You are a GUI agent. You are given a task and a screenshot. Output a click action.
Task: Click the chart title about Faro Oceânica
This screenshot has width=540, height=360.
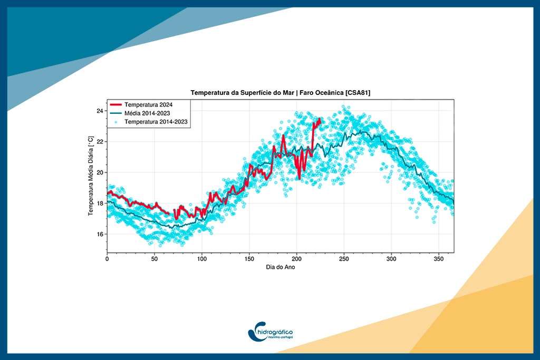coord(280,93)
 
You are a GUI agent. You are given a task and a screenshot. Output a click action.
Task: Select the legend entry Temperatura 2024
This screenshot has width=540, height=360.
coord(149,105)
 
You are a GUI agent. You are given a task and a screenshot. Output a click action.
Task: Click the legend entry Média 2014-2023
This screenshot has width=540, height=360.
coord(149,113)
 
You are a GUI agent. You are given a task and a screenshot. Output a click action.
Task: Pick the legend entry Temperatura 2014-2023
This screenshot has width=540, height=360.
coord(156,122)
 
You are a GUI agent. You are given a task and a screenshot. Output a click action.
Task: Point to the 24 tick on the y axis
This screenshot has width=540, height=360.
coord(99,111)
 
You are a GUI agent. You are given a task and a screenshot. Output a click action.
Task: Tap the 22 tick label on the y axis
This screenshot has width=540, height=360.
coord(99,142)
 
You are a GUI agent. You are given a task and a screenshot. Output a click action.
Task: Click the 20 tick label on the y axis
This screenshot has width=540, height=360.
coord(99,172)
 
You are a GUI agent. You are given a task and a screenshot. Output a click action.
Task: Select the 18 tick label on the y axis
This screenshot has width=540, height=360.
coord(99,203)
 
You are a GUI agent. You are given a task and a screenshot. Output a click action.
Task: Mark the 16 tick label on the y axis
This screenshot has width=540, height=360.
coord(99,234)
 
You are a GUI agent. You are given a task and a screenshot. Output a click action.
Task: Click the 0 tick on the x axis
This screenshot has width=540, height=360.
coord(107,259)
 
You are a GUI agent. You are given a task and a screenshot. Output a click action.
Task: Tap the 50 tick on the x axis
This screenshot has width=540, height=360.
coord(155,259)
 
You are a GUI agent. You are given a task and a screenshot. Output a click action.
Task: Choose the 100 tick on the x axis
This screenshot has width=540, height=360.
coord(202,259)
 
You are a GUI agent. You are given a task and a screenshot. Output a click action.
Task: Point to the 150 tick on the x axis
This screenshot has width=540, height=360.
coord(249,259)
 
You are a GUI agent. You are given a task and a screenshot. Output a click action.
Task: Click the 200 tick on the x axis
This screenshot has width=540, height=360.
coord(297,259)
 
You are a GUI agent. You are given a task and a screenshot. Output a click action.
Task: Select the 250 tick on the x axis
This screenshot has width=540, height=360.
coord(344,259)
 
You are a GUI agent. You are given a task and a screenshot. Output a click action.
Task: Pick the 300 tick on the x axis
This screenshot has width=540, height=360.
coord(391,259)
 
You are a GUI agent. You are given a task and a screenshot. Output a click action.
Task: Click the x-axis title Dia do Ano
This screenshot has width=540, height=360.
coord(280,268)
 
